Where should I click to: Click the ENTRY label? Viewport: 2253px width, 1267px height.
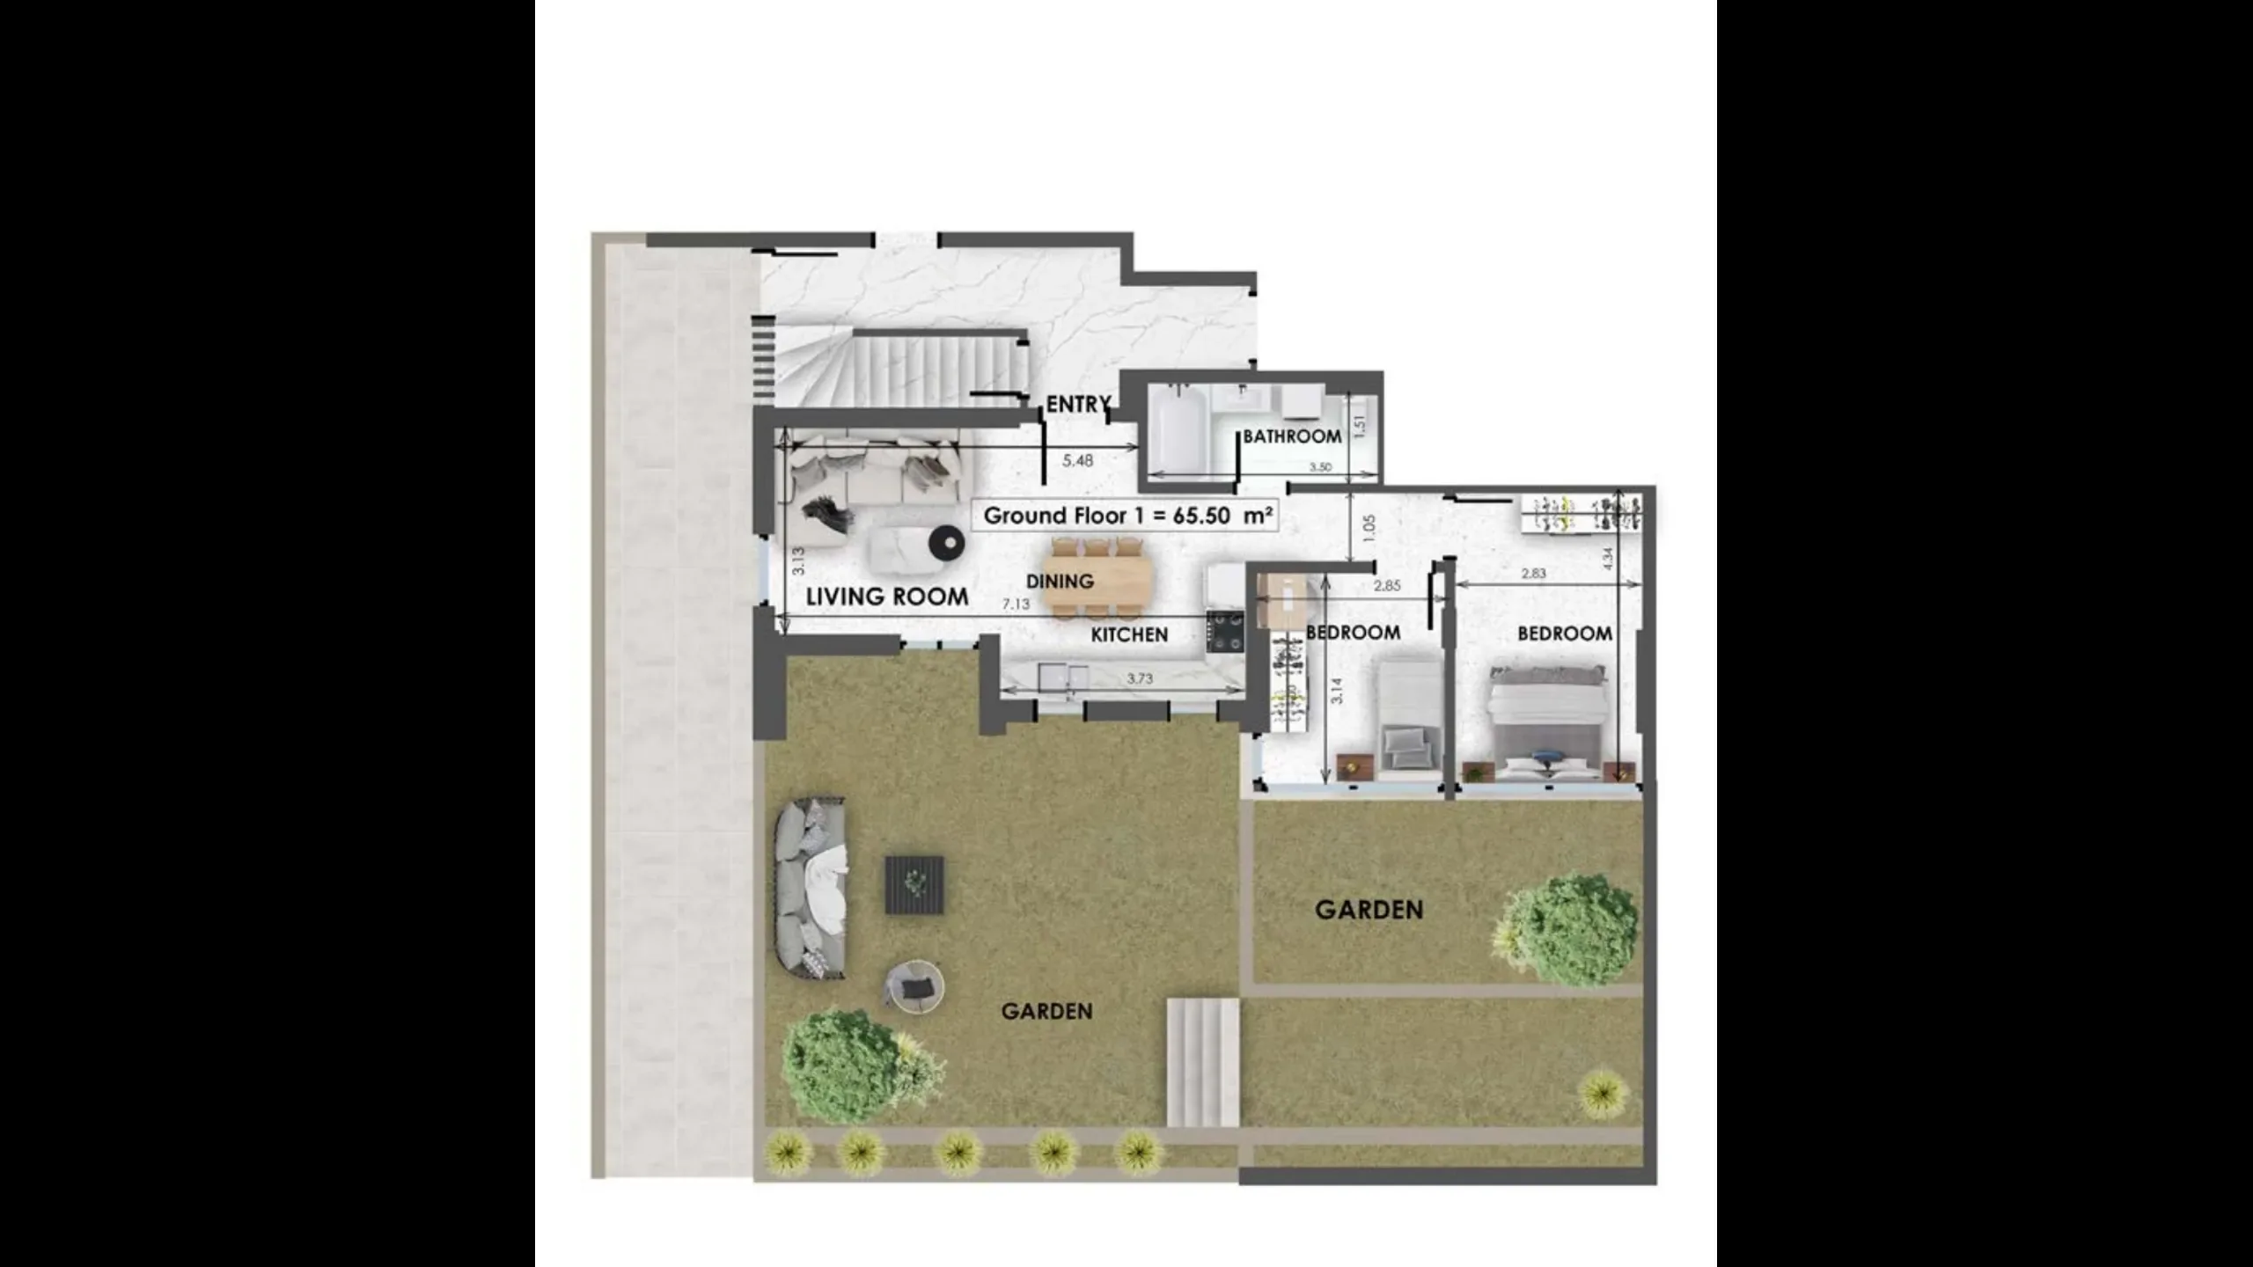[x=1078, y=404]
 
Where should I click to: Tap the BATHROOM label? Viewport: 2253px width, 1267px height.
[x=1292, y=436]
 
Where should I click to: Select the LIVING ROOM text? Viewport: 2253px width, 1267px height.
[x=887, y=597]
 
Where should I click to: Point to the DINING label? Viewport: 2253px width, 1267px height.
[x=1060, y=582]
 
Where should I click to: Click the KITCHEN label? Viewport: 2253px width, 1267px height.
[x=1129, y=634]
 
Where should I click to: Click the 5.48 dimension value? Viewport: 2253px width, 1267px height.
[x=1078, y=460]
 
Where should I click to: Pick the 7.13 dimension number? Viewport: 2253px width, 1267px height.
[x=1016, y=604]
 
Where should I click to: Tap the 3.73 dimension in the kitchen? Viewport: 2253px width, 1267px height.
[x=1140, y=678]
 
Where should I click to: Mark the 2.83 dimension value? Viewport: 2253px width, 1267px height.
[x=1534, y=573]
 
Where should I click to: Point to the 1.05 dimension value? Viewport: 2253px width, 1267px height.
[x=1368, y=529]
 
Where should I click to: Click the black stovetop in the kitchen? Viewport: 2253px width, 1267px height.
[x=1224, y=632]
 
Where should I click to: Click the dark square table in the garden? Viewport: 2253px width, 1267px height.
[x=914, y=885]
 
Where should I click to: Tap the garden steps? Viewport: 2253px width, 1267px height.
[x=1203, y=1062]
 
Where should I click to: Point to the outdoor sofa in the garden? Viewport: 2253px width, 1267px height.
[x=811, y=887]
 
